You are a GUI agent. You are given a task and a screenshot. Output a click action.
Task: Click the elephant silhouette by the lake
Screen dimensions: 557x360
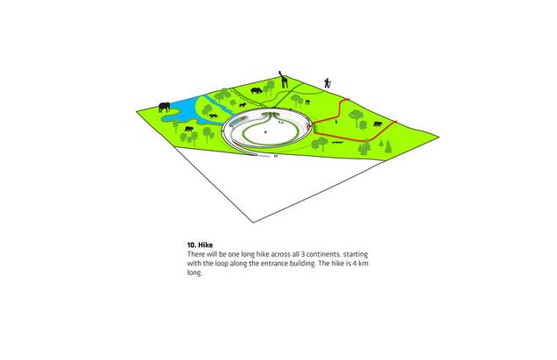164,107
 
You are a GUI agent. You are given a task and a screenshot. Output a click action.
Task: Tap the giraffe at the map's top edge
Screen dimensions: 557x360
284,80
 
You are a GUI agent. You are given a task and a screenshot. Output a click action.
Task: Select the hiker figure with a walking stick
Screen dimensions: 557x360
328,83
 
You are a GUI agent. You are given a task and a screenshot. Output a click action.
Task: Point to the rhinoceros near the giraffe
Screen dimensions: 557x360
257,90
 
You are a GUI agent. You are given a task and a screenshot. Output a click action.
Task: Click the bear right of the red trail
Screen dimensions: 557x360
377,124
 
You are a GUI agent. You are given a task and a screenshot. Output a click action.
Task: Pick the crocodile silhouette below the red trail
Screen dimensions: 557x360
337,143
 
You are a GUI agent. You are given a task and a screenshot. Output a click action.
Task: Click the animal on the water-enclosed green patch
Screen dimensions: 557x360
214,116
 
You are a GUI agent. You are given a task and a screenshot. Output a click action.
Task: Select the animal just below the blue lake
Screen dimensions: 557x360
188,129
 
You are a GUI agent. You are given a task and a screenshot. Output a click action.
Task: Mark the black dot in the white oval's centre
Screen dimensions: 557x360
265,132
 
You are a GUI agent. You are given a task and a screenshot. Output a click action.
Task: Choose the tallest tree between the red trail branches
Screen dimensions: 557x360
356,118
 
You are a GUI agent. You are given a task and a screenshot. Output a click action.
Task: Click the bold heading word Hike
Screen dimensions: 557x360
205,245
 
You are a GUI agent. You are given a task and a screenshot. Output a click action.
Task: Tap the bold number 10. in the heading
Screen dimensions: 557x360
192,245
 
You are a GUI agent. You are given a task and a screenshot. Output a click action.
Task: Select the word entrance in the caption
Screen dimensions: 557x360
274,264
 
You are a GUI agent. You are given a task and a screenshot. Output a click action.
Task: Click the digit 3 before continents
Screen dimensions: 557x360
303,254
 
